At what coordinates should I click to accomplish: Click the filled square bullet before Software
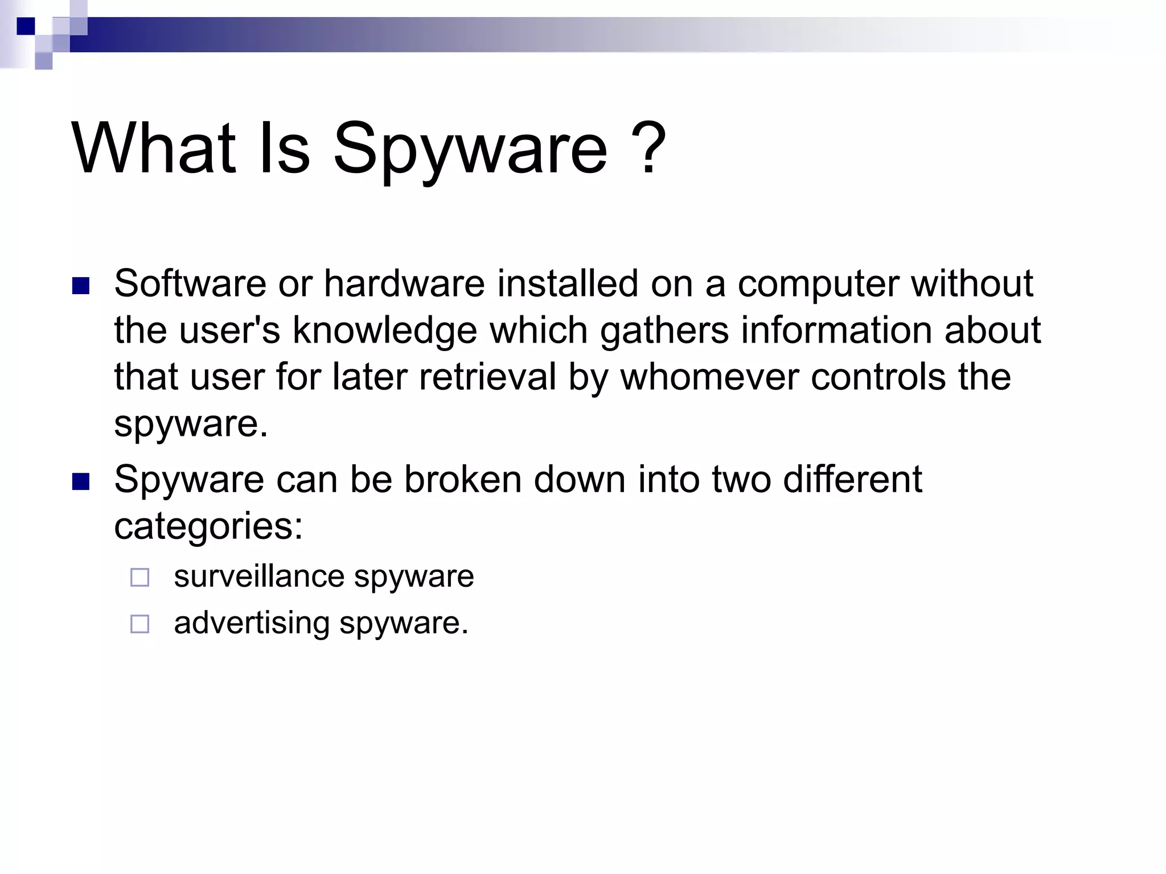(x=81, y=286)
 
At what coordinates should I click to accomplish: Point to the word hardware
(x=404, y=283)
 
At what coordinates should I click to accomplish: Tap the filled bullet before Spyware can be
(x=81, y=482)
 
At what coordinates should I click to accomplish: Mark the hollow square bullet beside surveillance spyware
(x=139, y=578)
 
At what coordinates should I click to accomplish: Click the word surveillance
(x=259, y=576)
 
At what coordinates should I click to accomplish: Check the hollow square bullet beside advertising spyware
(x=139, y=624)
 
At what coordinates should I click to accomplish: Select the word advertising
(x=252, y=624)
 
